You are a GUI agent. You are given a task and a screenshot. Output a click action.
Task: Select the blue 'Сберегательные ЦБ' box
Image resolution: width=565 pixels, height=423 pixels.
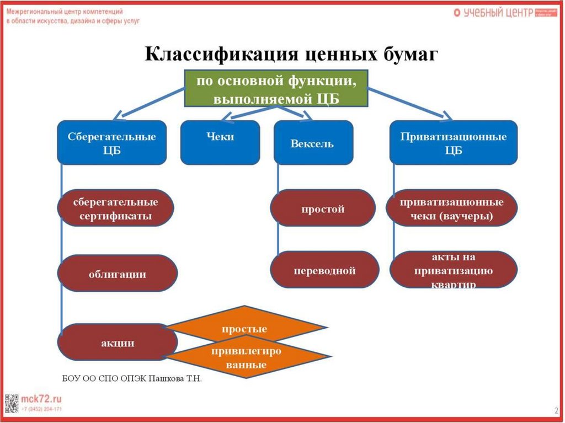112,143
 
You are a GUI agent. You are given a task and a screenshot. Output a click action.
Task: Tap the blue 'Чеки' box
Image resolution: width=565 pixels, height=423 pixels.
220,143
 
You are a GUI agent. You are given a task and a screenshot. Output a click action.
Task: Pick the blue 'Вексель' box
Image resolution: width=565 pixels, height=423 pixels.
313,143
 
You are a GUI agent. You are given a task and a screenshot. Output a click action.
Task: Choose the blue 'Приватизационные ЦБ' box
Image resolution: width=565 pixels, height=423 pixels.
454,143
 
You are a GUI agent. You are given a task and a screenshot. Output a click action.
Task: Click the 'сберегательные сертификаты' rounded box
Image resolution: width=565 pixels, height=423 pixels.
115,209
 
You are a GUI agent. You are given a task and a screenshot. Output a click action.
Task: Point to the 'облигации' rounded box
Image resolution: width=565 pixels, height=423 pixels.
118,274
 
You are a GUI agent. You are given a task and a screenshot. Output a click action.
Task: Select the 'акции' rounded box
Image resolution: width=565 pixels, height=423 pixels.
118,342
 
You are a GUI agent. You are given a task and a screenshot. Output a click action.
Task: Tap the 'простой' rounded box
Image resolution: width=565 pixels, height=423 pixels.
323,209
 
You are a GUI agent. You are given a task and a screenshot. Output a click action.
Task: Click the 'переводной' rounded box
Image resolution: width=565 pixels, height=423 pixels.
325,270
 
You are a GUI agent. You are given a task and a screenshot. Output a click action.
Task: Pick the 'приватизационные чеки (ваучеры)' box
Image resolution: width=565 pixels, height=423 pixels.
452,209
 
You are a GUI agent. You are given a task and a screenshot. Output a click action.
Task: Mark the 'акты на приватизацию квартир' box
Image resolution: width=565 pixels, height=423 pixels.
454,270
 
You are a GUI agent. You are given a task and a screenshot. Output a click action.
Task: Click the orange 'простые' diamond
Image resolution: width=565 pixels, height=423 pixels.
245,329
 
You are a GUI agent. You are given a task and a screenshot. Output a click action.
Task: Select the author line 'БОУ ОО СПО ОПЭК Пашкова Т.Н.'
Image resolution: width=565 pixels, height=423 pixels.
132,379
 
